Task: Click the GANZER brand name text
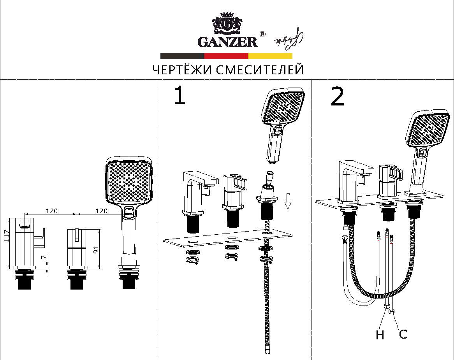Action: [x=227, y=42]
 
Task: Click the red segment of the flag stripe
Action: [x=226, y=56]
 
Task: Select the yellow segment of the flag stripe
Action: [x=271, y=56]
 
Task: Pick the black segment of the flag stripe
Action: [x=182, y=56]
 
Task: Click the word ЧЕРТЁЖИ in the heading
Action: [x=182, y=69]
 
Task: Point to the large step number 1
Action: [x=179, y=96]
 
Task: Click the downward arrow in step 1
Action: [x=288, y=201]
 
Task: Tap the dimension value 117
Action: [x=7, y=236]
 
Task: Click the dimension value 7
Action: [x=43, y=258]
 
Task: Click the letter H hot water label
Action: [x=380, y=335]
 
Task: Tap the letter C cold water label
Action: [x=403, y=334]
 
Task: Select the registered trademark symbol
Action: [x=262, y=34]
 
